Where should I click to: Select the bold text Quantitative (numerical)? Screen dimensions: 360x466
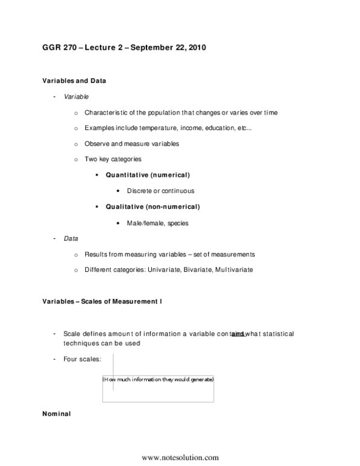click(148, 175)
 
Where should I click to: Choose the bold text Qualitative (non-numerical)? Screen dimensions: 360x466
click(152, 206)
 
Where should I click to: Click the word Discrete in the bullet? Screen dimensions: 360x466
click(140, 191)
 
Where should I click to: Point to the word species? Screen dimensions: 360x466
click(177, 223)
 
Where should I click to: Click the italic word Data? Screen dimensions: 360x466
click(70, 238)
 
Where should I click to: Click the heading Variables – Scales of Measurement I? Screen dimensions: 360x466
click(102, 301)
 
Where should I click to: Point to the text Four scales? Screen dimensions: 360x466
click(82, 359)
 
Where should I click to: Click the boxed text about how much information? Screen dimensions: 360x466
click(158, 379)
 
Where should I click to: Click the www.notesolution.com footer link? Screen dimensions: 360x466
click(180, 458)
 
